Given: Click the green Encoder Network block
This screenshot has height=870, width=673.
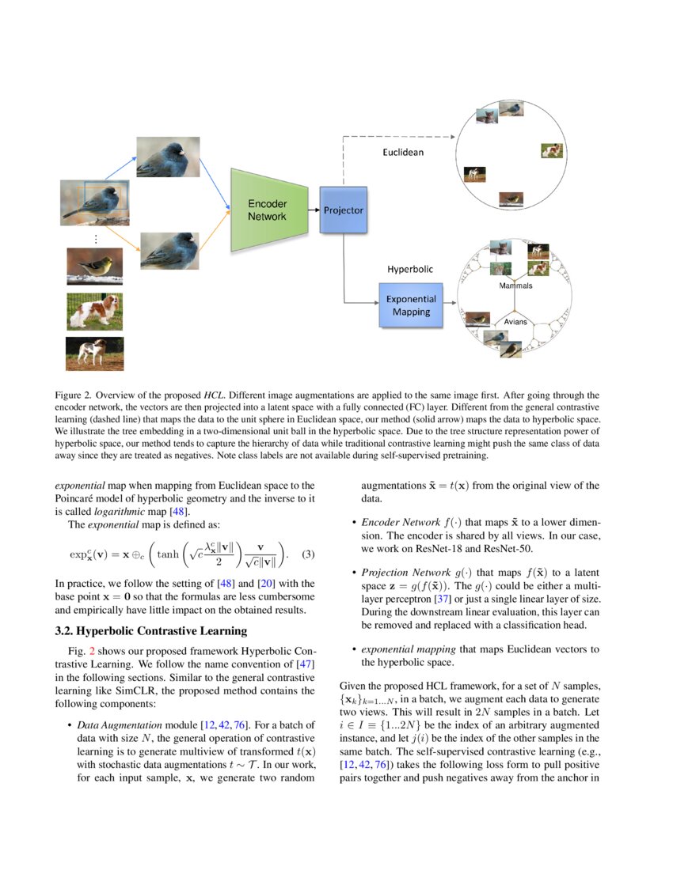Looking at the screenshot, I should [x=267, y=210].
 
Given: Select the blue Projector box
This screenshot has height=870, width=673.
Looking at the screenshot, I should [x=344, y=210].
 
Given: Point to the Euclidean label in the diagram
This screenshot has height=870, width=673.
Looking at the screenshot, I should [x=403, y=152].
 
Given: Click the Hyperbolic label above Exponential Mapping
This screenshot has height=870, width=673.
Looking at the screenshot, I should [x=410, y=269].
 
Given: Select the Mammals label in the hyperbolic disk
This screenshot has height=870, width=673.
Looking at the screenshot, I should [x=515, y=286].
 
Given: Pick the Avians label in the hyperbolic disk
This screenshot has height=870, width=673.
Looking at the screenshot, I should [x=515, y=322].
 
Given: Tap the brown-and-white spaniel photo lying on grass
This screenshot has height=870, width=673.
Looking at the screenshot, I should [x=94, y=311].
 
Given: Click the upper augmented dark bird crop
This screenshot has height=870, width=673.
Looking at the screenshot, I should [x=168, y=157].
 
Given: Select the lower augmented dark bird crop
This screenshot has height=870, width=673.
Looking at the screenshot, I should [x=168, y=252].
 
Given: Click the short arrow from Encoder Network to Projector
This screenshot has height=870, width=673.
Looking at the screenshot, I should [x=314, y=210].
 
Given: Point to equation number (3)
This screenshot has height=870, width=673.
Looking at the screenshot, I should [x=308, y=554].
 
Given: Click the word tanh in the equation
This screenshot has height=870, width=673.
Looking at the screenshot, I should [x=169, y=554].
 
